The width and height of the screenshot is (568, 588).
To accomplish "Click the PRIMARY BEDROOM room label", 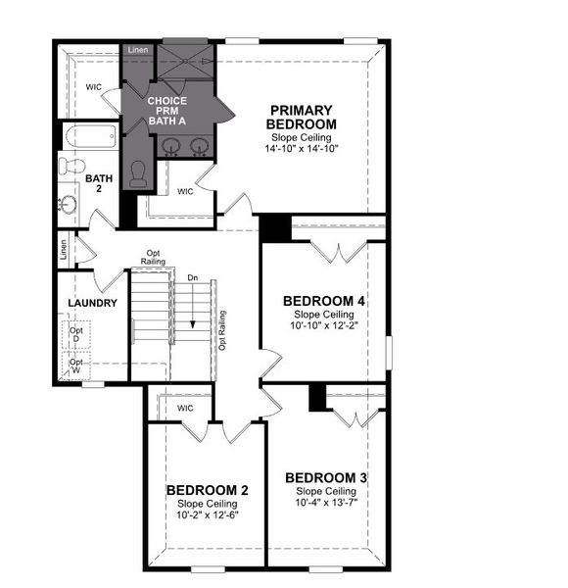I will click(302, 118).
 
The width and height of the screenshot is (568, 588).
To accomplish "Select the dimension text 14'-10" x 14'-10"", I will click(302, 149).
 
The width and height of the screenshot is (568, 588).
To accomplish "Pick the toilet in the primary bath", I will click(137, 173).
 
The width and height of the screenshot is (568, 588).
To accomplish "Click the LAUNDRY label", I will click(93, 303).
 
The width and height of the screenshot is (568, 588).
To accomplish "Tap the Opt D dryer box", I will click(76, 335).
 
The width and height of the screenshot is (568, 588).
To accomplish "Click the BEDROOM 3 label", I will click(326, 477).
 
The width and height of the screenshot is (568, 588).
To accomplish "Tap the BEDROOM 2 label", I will click(207, 490).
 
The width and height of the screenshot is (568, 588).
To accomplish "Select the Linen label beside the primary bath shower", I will click(138, 49).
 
